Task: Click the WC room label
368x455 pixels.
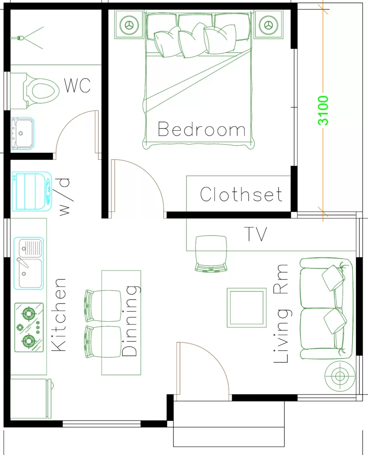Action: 78,85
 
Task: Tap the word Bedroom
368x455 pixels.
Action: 202,130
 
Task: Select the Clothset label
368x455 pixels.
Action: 241,195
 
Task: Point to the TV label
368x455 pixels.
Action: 256,234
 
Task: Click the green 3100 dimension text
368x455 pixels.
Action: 323,110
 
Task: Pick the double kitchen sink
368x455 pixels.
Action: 30,263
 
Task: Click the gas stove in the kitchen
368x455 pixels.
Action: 29,327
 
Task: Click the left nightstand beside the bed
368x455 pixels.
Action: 129,25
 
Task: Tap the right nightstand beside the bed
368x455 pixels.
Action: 268,25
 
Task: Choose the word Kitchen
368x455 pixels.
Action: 59,315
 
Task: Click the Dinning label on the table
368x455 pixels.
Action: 130,321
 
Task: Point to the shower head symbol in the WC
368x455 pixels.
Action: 20,38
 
